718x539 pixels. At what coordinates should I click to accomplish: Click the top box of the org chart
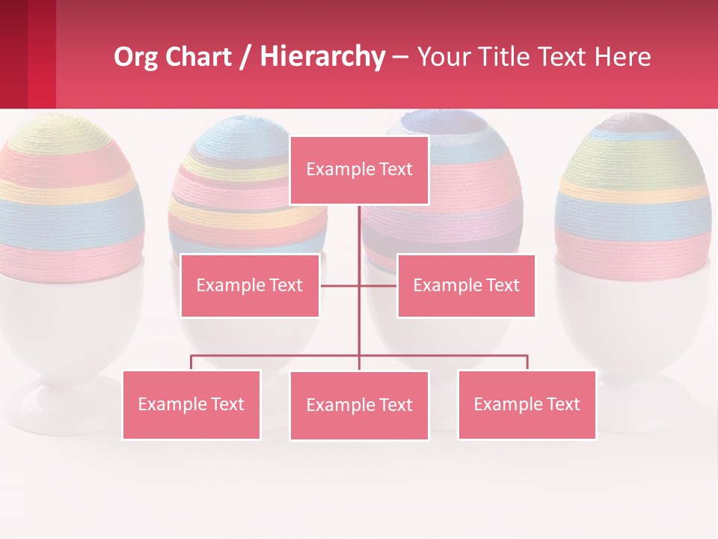click(359, 170)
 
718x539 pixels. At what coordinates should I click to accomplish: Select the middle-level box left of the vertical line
click(250, 285)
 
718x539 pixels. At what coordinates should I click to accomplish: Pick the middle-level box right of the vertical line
click(466, 285)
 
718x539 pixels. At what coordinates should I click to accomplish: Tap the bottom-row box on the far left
click(191, 404)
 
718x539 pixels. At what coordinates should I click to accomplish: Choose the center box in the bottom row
click(359, 405)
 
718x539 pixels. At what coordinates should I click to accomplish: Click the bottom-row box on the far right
click(527, 404)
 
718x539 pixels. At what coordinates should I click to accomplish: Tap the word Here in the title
click(622, 57)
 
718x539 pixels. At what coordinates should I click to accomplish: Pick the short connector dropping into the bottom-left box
click(191, 362)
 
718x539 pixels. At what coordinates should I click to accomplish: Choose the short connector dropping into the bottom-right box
click(527, 362)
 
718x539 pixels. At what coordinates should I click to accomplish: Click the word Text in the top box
click(394, 170)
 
